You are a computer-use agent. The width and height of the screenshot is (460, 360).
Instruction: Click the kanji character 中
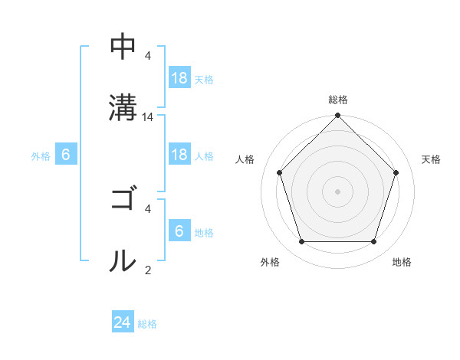click(x=123, y=47)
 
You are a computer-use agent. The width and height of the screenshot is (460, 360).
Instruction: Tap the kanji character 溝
click(x=123, y=106)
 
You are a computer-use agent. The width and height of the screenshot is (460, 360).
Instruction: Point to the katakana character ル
click(x=123, y=260)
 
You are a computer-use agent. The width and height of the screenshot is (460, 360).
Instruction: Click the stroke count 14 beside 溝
click(x=148, y=117)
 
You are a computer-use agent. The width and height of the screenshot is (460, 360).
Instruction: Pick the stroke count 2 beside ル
click(x=148, y=269)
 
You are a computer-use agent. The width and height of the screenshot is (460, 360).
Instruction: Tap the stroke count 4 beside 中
click(x=148, y=56)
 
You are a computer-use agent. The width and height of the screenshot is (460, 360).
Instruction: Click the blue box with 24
click(x=123, y=322)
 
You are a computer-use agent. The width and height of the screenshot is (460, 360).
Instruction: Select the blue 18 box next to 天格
click(x=179, y=78)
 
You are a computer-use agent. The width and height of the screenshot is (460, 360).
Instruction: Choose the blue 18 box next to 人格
click(x=179, y=155)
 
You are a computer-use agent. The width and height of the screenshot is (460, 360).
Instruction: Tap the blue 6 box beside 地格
click(x=179, y=231)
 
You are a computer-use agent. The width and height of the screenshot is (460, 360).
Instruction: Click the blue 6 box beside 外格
click(x=66, y=155)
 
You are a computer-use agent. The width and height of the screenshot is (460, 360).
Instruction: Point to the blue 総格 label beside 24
click(x=147, y=324)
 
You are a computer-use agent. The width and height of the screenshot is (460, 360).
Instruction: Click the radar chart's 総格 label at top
click(x=338, y=100)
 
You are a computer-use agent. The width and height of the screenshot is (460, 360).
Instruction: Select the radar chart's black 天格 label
click(x=432, y=159)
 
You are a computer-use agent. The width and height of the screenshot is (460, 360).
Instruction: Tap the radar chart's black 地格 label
click(x=402, y=262)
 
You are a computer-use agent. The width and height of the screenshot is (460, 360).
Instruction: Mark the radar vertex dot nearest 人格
click(x=280, y=172)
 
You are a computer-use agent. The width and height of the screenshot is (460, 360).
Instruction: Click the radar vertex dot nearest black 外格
click(x=301, y=242)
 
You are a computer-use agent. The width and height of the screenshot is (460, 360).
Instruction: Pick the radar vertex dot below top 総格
click(x=338, y=116)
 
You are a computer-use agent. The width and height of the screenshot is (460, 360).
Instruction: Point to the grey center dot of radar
click(x=338, y=191)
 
